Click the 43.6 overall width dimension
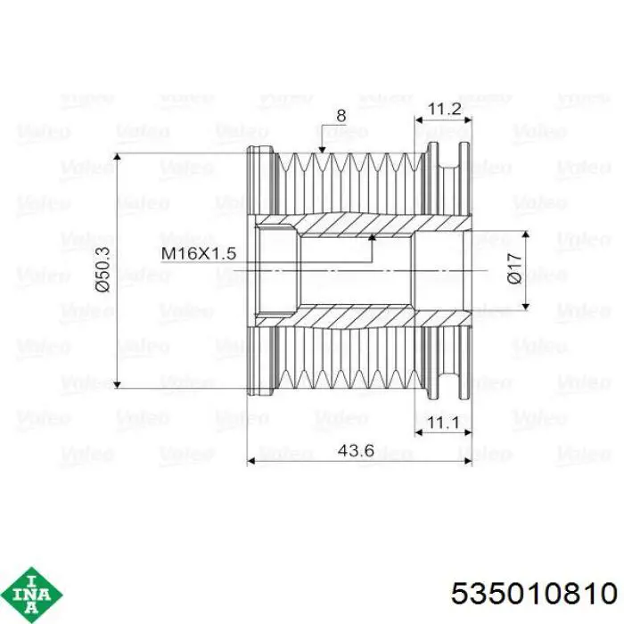click(x=356, y=450)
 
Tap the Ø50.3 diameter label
click(x=103, y=269)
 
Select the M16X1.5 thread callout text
click(x=199, y=253)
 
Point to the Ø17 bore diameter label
click(x=514, y=269)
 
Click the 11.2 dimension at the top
click(x=444, y=109)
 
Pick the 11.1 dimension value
click(x=443, y=422)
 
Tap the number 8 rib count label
click(x=341, y=116)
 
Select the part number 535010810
click(x=534, y=595)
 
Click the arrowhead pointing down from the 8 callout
click(x=322, y=149)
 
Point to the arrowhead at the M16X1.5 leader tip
click(x=372, y=238)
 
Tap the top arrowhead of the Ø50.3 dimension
click(x=117, y=157)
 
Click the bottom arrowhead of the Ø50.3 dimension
click(x=117, y=384)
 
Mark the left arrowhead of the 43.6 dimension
click(x=251, y=461)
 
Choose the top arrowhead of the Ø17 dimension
click(x=526, y=234)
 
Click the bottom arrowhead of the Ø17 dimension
click(x=526, y=306)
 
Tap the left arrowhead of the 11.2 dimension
click(x=419, y=119)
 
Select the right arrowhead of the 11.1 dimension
click(x=468, y=431)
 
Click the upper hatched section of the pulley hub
click(x=362, y=224)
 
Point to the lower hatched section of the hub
click(x=362, y=316)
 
